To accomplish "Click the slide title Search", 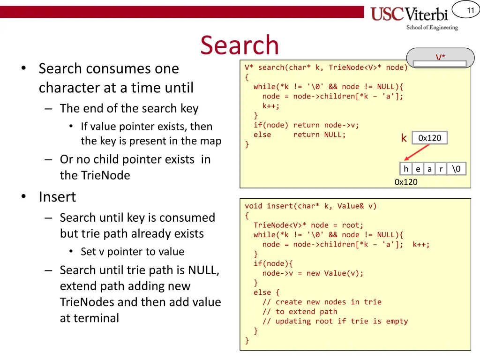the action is tap(240, 45).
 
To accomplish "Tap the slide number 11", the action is tap(471, 10).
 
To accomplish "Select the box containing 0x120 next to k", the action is tap(430, 138).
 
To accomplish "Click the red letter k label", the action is tap(404, 138).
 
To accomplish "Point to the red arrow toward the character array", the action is tap(417, 152).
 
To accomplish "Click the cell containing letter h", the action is tap(406, 169).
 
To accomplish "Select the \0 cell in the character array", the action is tap(456, 169).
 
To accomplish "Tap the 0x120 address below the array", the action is tap(406, 182).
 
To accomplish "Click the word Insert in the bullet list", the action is tap(57, 197).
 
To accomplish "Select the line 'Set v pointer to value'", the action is tap(132, 252).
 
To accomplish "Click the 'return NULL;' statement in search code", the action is tap(319, 135).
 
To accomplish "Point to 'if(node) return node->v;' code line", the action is tap(307, 125).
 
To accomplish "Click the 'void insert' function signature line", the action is tap(310, 206).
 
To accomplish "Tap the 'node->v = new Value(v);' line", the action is tap(313, 273).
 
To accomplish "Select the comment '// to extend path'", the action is tap(300, 312).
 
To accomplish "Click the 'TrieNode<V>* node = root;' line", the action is tap(308, 225).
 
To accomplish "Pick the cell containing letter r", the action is tap(441, 169).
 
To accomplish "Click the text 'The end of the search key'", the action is tap(129, 108).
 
